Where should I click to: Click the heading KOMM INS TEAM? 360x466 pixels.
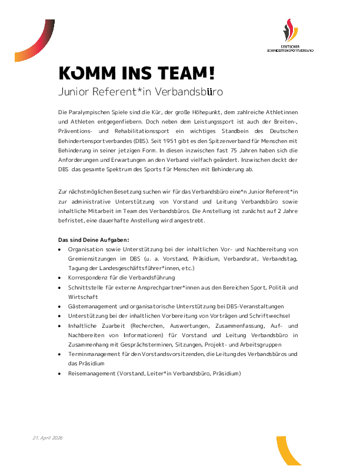tap(136, 72)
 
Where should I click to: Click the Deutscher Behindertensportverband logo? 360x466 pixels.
tap(289, 35)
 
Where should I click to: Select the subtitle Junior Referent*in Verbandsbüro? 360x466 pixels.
tap(141, 92)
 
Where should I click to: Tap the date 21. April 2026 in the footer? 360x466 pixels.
tap(48, 438)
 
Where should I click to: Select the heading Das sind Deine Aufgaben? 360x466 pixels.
tap(94, 240)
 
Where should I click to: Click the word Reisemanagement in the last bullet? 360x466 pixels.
tap(92, 373)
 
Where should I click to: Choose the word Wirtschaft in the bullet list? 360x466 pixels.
tap(84, 297)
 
